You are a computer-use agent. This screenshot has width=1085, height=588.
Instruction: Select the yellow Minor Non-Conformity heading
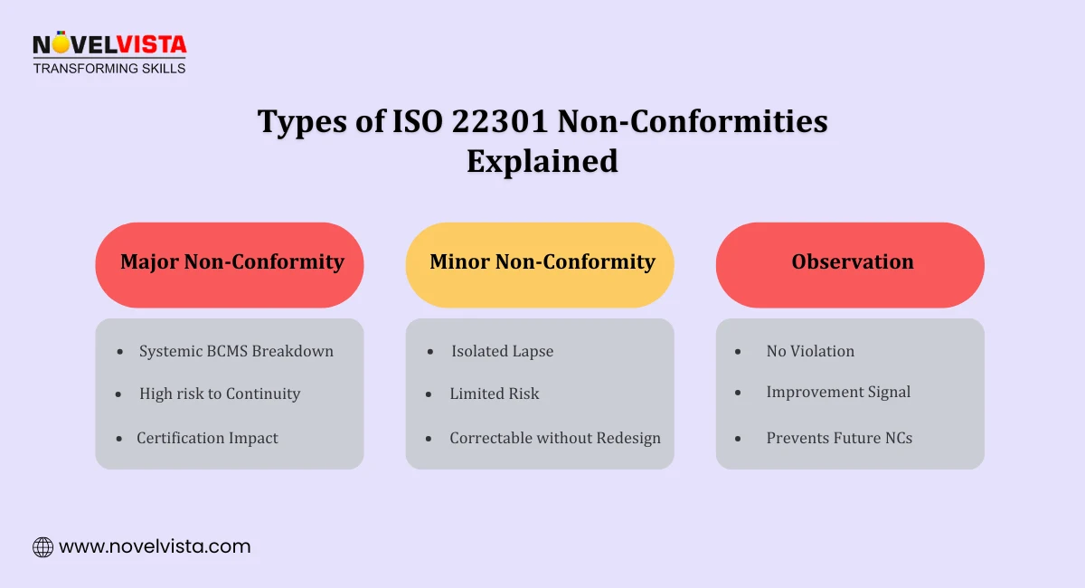(x=541, y=263)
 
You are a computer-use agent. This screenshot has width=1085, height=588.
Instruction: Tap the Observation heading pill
(x=851, y=263)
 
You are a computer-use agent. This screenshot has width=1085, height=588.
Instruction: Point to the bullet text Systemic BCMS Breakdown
(x=236, y=351)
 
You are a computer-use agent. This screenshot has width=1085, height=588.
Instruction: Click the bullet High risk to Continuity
(x=220, y=394)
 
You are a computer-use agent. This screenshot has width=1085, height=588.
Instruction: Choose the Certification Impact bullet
(x=207, y=438)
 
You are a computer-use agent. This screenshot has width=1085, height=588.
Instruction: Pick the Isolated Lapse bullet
(x=502, y=351)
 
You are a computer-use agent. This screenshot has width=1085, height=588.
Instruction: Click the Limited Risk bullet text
(x=495, y=394)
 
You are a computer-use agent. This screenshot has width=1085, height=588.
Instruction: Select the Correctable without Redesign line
(x=555, y=438)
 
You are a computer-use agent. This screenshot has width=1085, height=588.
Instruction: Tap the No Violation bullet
(x=810, y=351)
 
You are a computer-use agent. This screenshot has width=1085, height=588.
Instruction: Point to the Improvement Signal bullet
(x=838, y=392)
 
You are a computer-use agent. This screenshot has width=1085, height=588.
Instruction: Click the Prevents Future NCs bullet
(x=839, y=438)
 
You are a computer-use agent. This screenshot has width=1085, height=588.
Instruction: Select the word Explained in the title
(x=542, y=161)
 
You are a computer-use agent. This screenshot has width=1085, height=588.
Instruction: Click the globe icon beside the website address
(x=42, y=546)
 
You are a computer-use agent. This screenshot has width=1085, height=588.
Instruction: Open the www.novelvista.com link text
(x=155, y=546)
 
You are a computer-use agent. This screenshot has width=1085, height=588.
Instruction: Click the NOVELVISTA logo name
(x=109, y=44)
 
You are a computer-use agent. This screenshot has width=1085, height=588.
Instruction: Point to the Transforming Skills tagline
(x=109, y=68)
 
